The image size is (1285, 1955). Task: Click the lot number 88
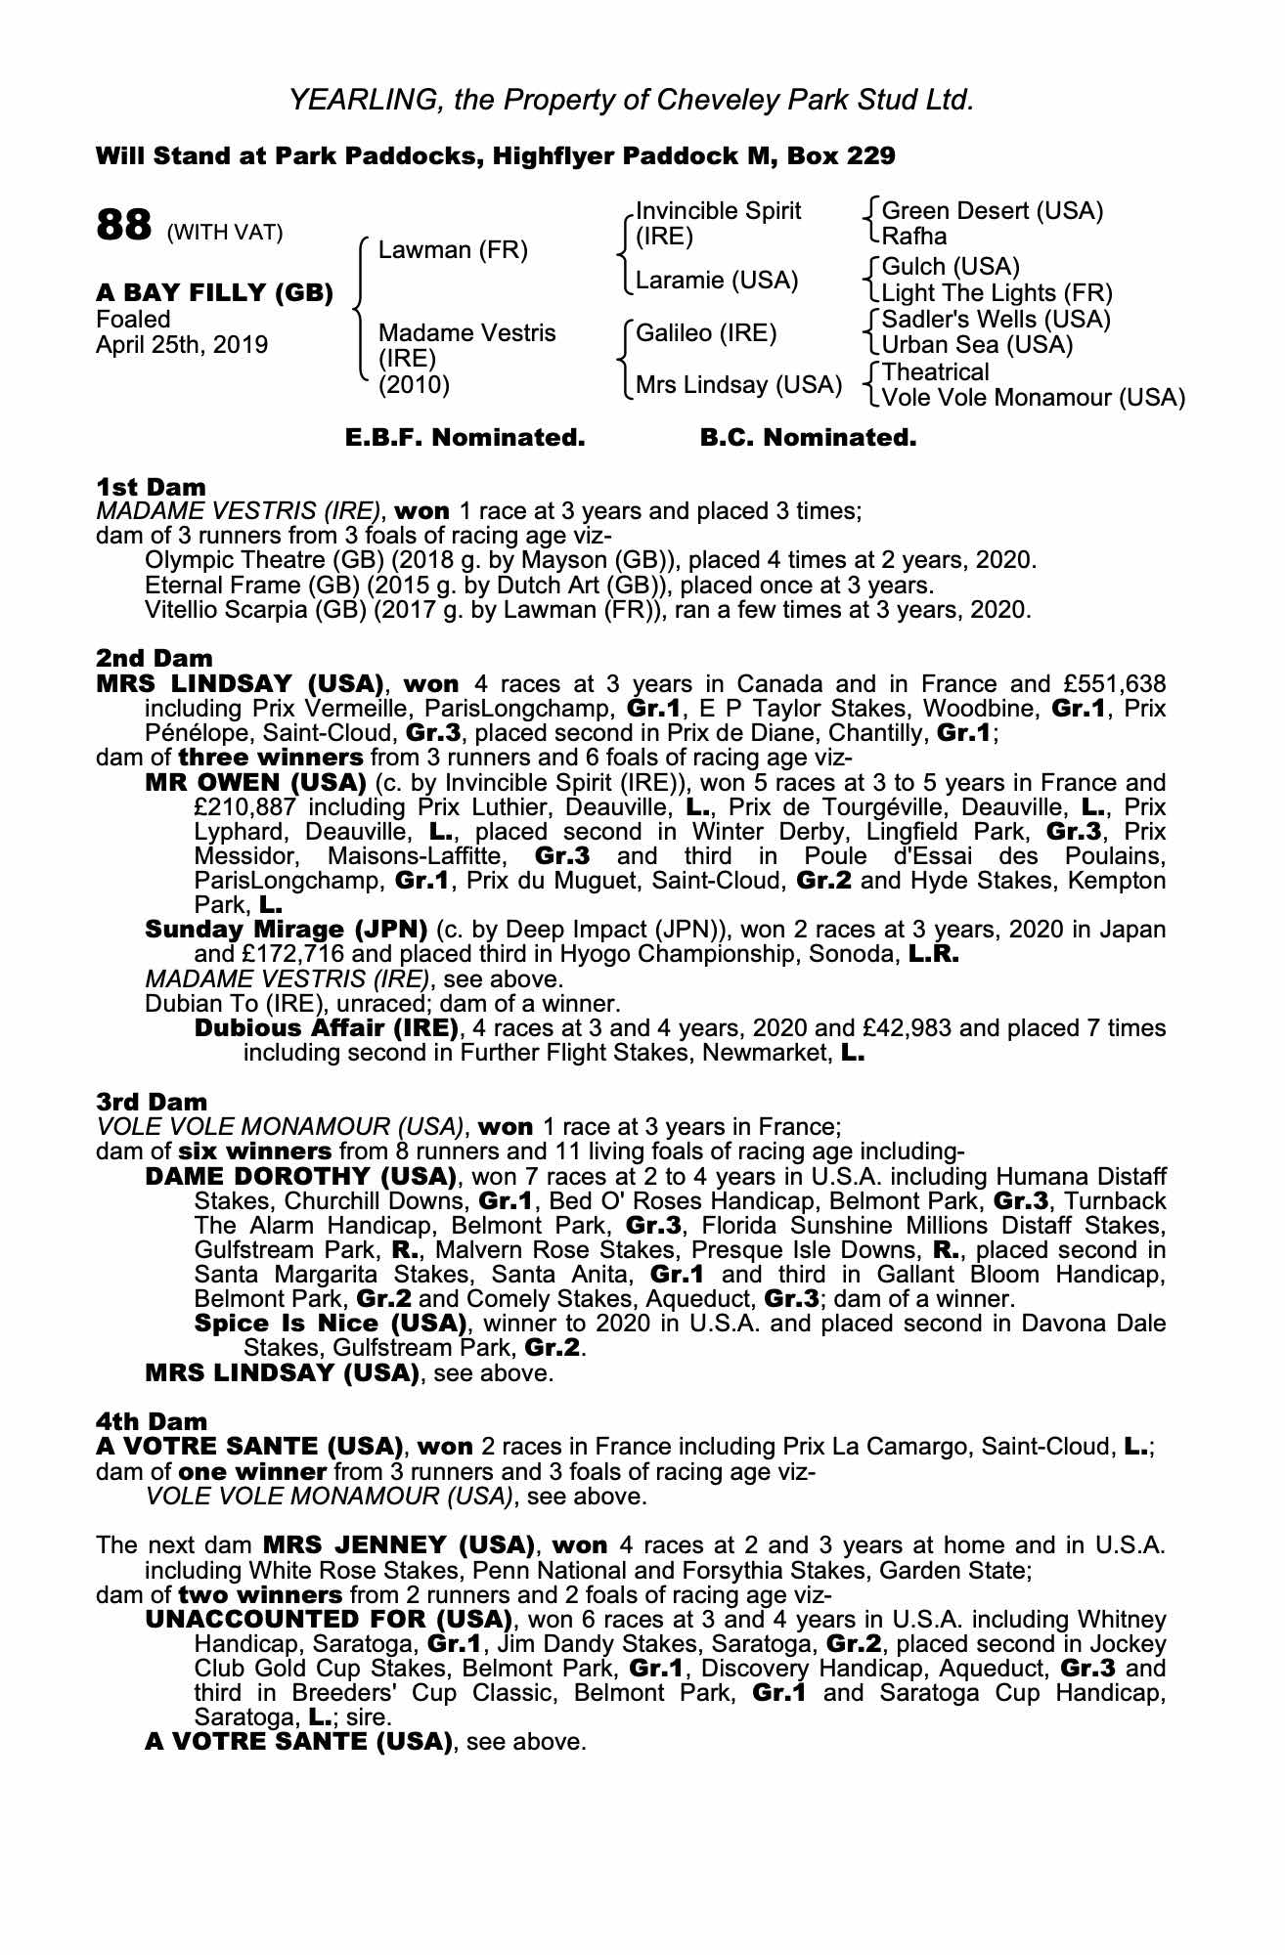pyautogui.click(x=123, y=226)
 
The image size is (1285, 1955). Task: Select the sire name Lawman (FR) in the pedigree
pyautogui.click(x=452, y=250)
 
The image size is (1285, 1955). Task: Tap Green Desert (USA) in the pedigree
pyautogui.click(x=992, y=210)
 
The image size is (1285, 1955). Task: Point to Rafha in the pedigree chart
pyautogui.click(x=913, y=236)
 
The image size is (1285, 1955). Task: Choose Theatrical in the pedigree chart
pyautogui.click(x=935, y=372)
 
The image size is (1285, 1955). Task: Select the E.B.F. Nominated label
pyautogui.click(x=465, y=438)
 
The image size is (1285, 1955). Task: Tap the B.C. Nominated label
pyautogui.click(x=808, y=438)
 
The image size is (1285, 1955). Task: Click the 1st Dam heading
pyautogui.click(x=151, y=486)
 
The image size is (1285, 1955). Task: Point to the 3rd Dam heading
pyautogui.click(x=152, y=1102)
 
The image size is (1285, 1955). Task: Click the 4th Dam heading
pyautogui.click(x=152, y=1421)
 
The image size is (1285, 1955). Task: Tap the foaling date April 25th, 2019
pyautogui.click(x=181, y=345)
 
